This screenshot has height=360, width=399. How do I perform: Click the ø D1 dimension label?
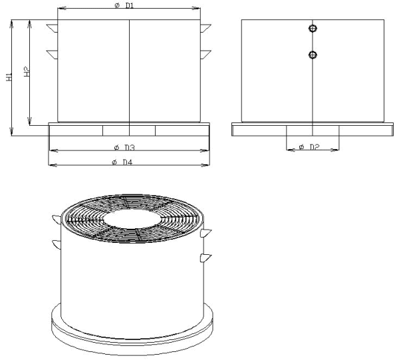pos(124,5)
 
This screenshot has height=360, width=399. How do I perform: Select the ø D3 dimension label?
pos(124,148)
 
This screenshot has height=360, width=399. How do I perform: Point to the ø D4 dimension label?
pos(122,162)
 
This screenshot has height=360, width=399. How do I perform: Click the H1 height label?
pos(9,77)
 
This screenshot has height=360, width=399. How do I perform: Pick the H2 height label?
pos(27,72)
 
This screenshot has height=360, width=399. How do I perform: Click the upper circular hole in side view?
pos(313,28)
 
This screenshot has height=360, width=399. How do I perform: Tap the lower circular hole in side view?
pos(313,55)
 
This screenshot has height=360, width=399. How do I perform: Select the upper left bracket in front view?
pos(53,28)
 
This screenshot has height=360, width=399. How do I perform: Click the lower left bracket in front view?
pos(53,55)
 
